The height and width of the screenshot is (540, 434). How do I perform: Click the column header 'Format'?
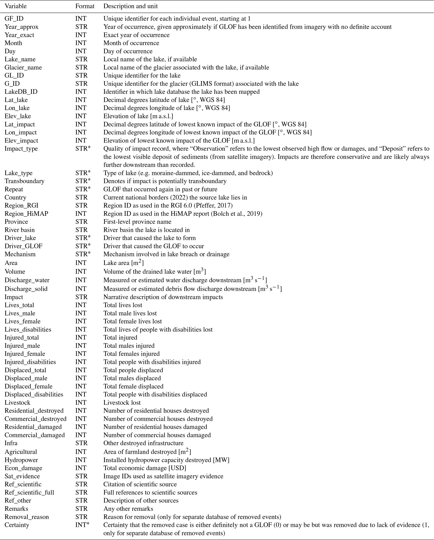[x=85, y=6]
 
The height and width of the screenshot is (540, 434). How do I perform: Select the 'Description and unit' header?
[x=130, y=6]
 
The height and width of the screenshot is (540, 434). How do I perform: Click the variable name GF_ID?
[x=14, y=18]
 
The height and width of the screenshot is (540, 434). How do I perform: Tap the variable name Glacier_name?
[x=23, y=67]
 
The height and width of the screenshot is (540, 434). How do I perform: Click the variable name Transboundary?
[x=24, y=181]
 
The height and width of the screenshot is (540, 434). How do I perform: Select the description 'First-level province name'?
[x=137, y=222]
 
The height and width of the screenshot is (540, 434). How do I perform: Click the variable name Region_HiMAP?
[x=26, y=214]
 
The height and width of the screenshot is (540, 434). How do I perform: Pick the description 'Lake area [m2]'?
[x=123, y=263]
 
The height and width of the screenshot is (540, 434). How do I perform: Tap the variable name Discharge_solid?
[x=26, y=289]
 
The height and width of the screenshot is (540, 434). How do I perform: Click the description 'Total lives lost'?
[x=123, y=305]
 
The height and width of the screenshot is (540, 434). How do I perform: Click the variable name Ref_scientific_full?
[x=29, y=492]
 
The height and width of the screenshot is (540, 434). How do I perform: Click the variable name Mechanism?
[x=20, y=254]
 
